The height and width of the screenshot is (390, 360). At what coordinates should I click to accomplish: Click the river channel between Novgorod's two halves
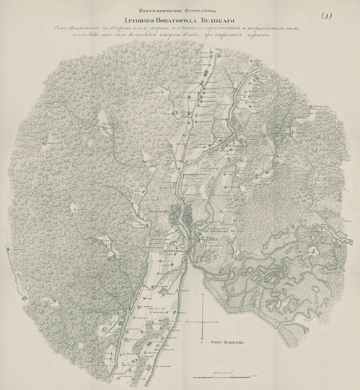tap(181, 215)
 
